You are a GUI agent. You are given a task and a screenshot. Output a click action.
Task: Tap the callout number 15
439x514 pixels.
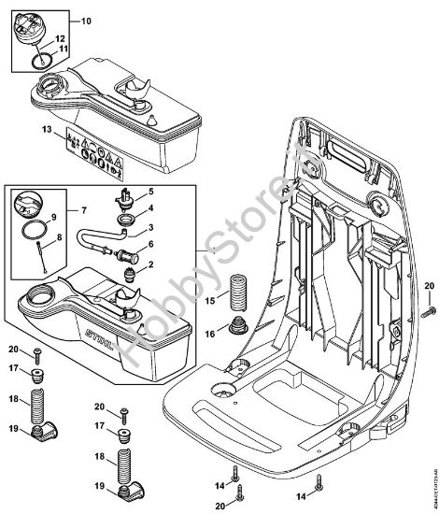coord(210,301)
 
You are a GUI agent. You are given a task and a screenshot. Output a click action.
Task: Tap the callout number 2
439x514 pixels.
coord(151,265)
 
